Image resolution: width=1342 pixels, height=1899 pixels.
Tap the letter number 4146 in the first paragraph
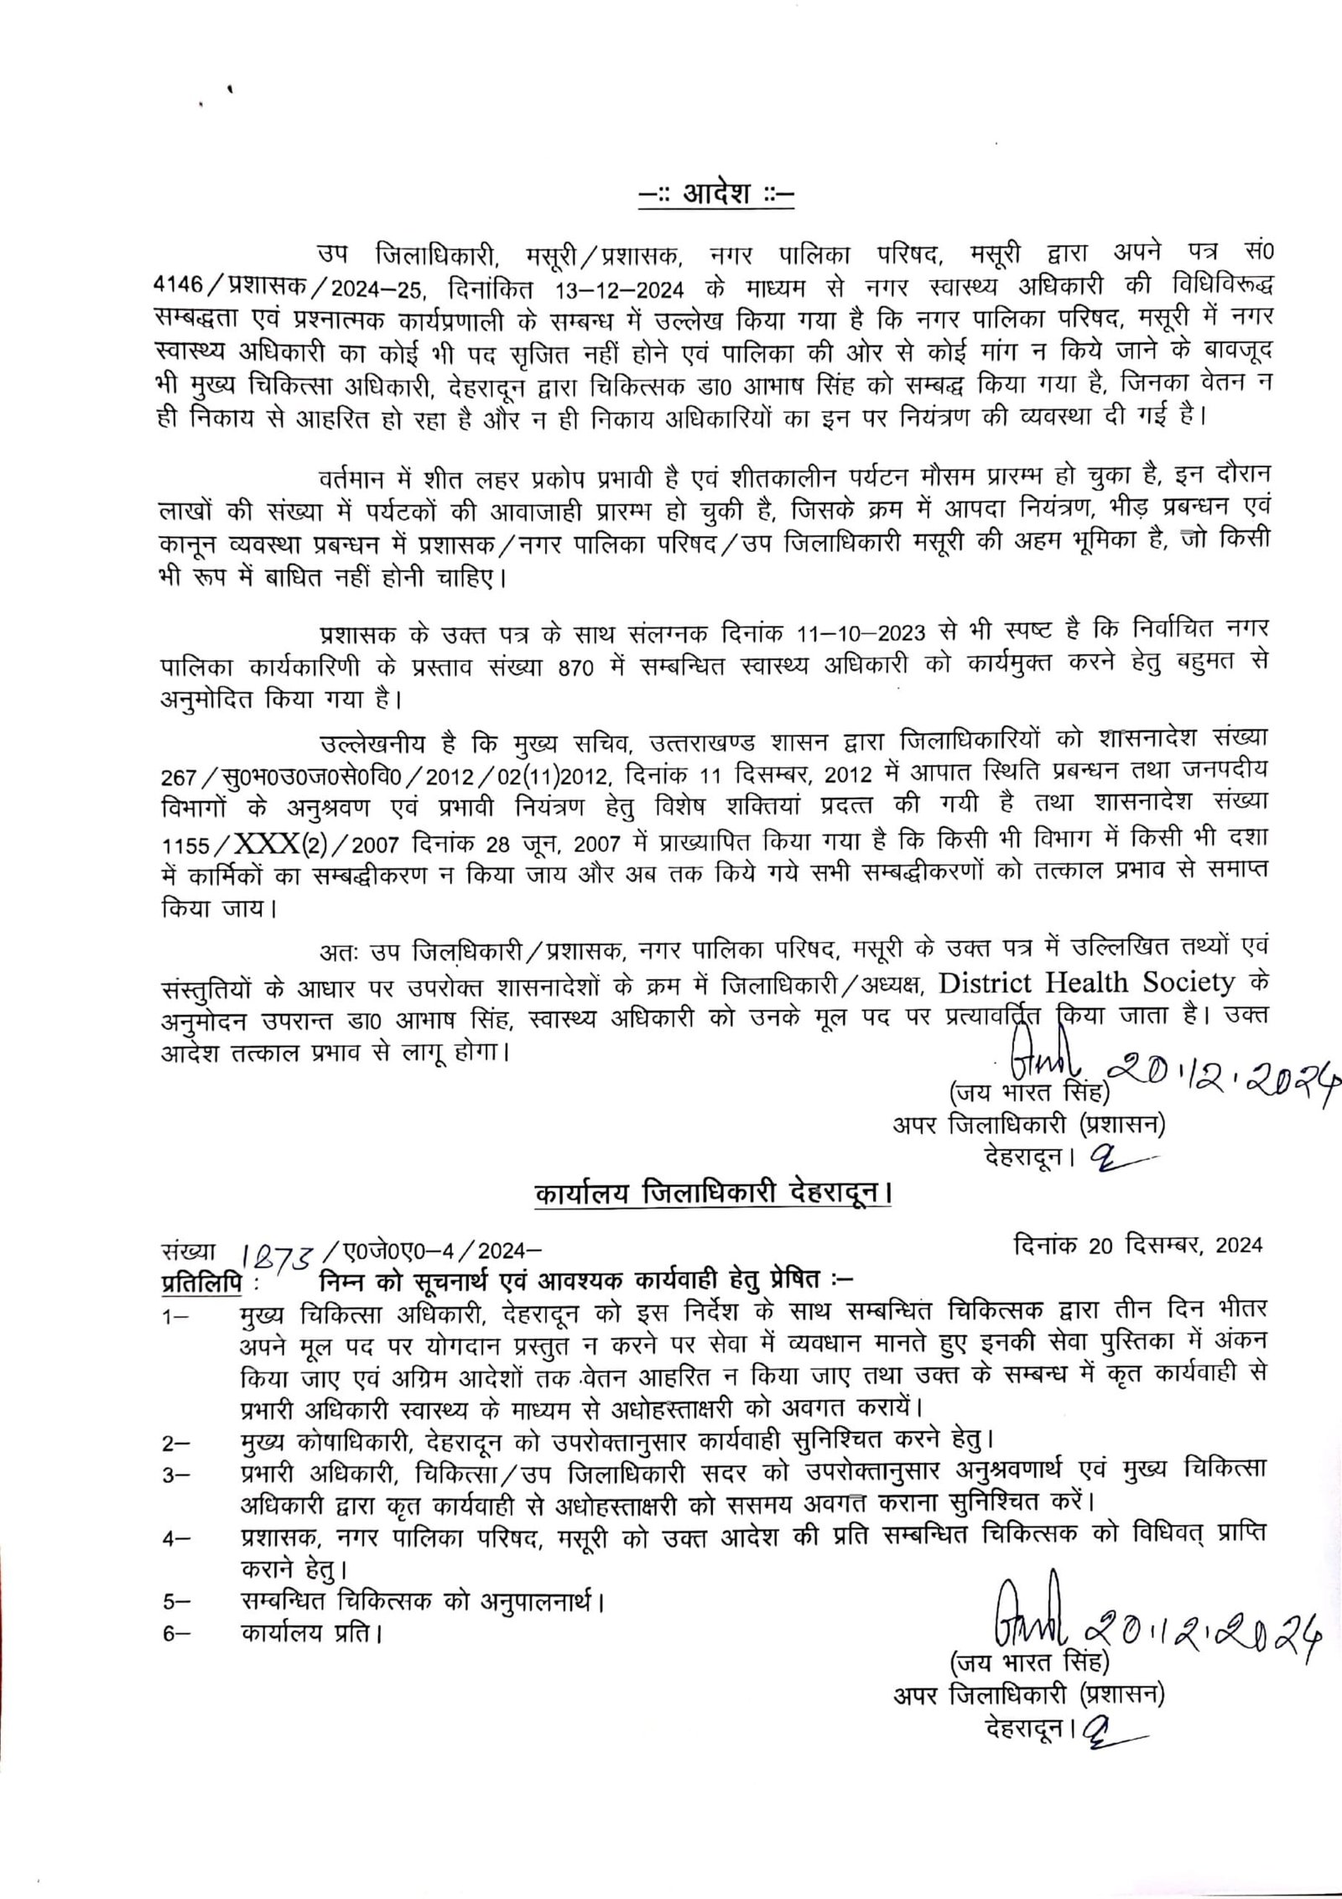[179, 285]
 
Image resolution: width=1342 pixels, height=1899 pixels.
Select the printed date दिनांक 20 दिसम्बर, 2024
[1137, 1246]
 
